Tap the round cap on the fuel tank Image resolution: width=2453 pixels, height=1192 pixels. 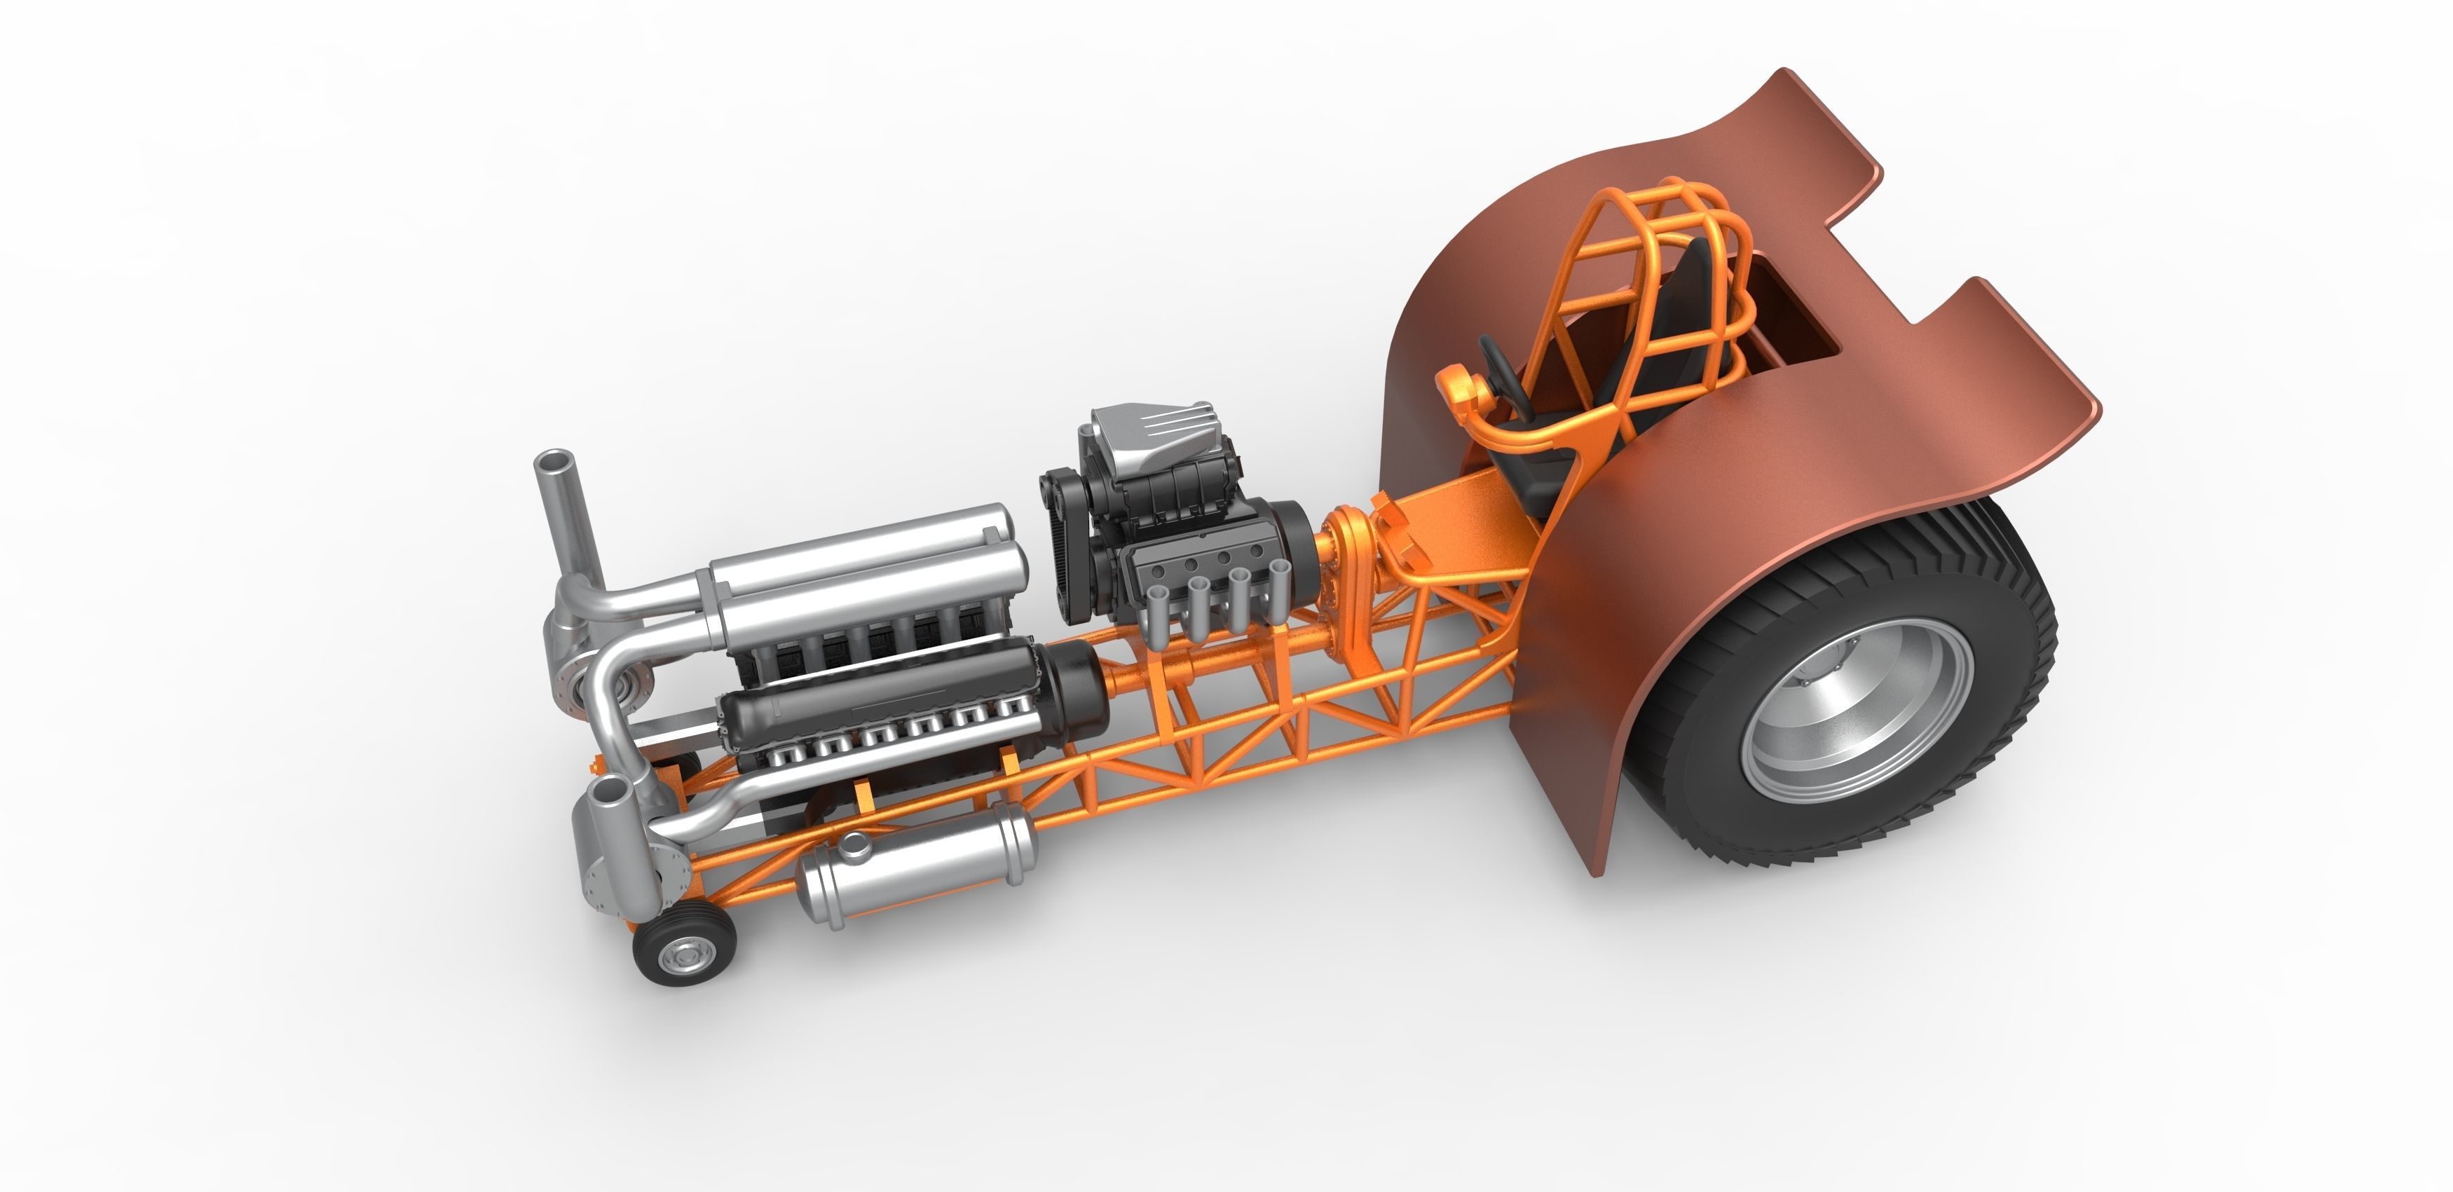click(x=855, y=842)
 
